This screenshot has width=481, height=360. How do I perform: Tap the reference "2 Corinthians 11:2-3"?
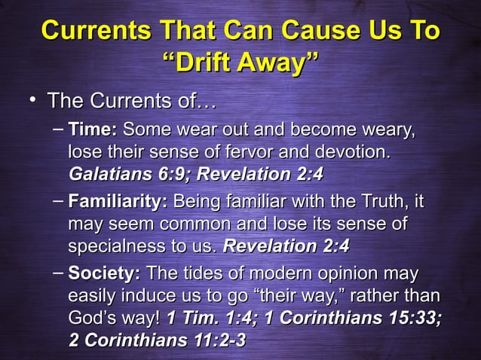point(158,340)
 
